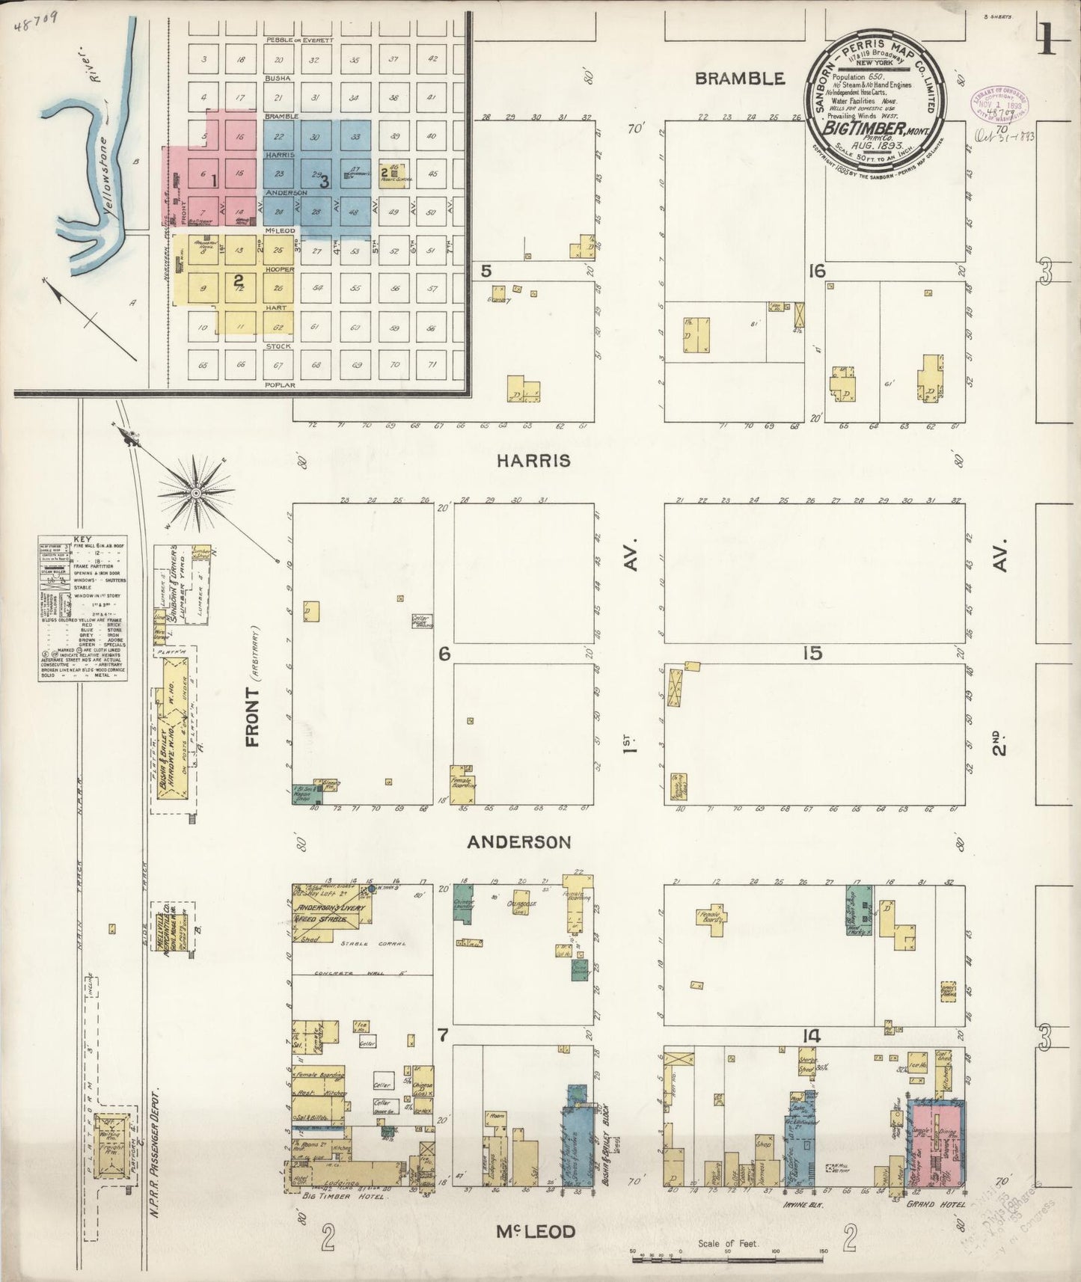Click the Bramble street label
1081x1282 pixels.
(x=740, y=79)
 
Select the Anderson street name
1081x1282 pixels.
(x=518, y=842)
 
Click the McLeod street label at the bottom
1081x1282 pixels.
(x=535, y=1231)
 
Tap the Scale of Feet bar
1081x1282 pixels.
(x=728, y=1260)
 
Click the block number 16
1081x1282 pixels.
(x=816, y=271)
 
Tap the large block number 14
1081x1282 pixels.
(x=812, y=1037)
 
